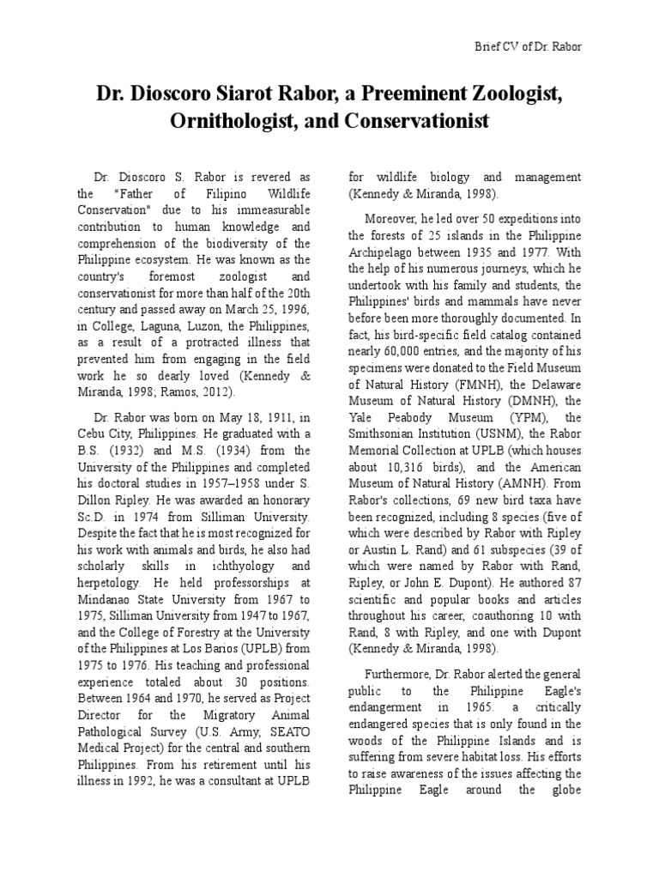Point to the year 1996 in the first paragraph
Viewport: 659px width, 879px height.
click(294, 307)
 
